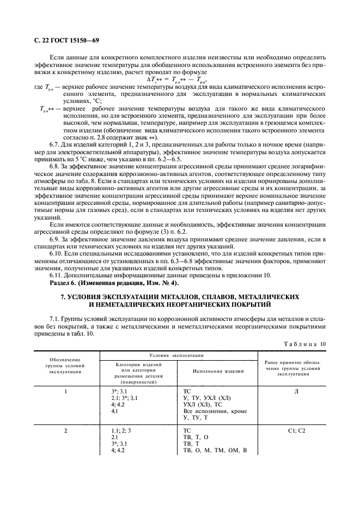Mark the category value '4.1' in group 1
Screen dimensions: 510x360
[115, 411]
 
